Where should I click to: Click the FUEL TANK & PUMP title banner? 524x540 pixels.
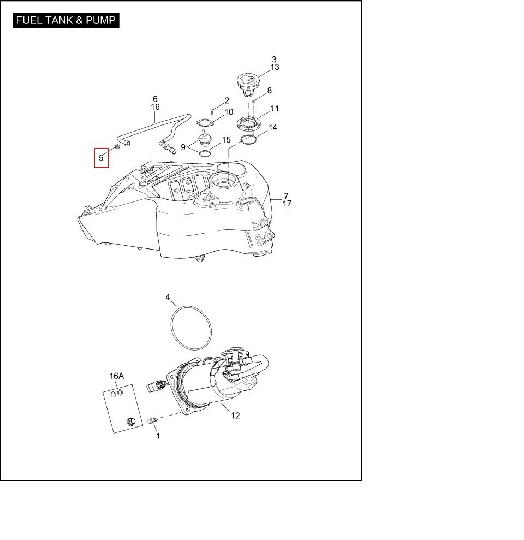tap(65, 20)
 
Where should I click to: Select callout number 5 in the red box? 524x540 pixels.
tap(101, 158)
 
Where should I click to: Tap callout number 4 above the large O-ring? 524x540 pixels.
tap(168, 297)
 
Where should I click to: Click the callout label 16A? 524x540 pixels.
tap(117, 376)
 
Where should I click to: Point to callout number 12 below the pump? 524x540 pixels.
tap(235, 416)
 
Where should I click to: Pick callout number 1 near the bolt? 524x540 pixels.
tap(158, 436)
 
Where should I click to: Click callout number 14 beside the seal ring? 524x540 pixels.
tap(273, 127)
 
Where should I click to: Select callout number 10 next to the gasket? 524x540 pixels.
tap(229, 111)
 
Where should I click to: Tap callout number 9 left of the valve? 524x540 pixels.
tap(183, 147)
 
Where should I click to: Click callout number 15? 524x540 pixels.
tap(226, 139)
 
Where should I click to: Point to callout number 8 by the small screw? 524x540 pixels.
tap(269, 90)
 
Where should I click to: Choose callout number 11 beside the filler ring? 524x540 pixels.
tap(275, 108)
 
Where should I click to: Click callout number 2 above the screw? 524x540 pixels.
tap(227, 100)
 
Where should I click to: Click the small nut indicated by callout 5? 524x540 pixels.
tap(117, 147)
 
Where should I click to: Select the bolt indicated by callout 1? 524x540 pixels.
tap(152, 420)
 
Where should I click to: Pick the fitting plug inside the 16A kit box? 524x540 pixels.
tap(131, 421)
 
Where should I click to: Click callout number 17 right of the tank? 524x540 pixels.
tap(287, 204)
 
